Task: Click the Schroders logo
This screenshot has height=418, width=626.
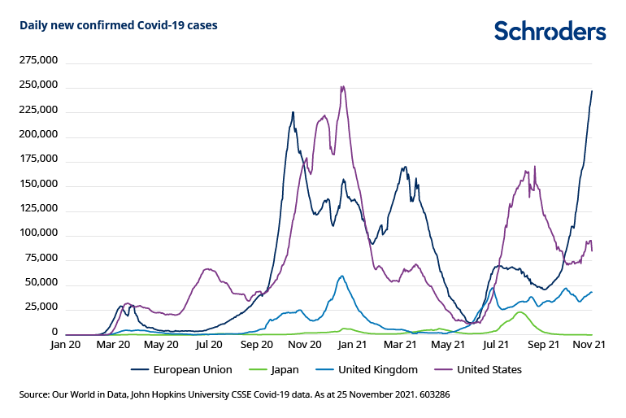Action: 550,31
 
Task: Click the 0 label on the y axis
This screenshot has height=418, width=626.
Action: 54,332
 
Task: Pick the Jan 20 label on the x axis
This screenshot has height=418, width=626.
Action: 66,345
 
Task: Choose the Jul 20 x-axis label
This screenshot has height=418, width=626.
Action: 209,345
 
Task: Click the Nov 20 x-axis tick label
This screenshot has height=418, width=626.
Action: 306,345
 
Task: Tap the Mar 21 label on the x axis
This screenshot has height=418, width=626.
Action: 401,345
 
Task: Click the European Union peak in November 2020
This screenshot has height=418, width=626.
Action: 293,112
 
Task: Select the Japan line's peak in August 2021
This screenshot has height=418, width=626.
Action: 520,312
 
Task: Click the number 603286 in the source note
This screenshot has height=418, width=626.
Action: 433,394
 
